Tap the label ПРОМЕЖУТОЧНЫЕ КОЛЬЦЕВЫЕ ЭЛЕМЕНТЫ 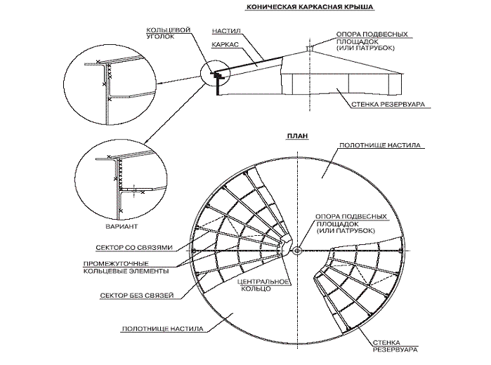click(x=136, y=267)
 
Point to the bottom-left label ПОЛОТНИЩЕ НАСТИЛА click(x=162, y=328)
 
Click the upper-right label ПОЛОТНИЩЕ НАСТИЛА click(x=379, y=147)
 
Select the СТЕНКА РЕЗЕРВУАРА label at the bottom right click(x=401, y=345)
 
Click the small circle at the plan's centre click(x=297, y=251)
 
